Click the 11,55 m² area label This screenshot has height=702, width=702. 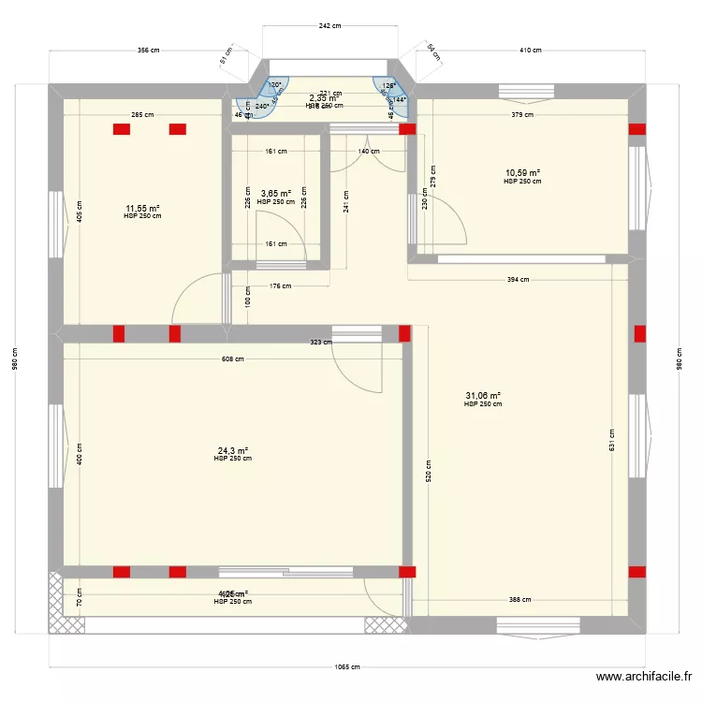click(x=142, y=209)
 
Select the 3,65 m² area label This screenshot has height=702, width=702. click(x=275, y=194)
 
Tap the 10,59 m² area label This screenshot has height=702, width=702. click(x=522, y=173)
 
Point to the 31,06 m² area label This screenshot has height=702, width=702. click(x=483, y=396)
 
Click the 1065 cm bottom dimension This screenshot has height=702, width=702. click(x=347, y=667)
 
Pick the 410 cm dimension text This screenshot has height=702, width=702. click(x=531, y=51)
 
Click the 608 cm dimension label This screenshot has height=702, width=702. click(x=232, y=358)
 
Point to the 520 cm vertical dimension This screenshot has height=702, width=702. click(x=428, y=470)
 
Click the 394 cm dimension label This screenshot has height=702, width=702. click(x=518, y=279)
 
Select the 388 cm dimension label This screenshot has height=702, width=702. click(x=520, y=600)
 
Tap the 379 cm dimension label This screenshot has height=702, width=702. click(x=522, y=115)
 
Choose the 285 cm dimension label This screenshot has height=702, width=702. click(x=142, y=115)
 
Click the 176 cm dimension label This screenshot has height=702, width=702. click(x=281, y=287)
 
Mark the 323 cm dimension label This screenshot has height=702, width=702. click(x=321, y=343)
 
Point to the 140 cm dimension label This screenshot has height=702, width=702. click(x=369, y=151)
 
